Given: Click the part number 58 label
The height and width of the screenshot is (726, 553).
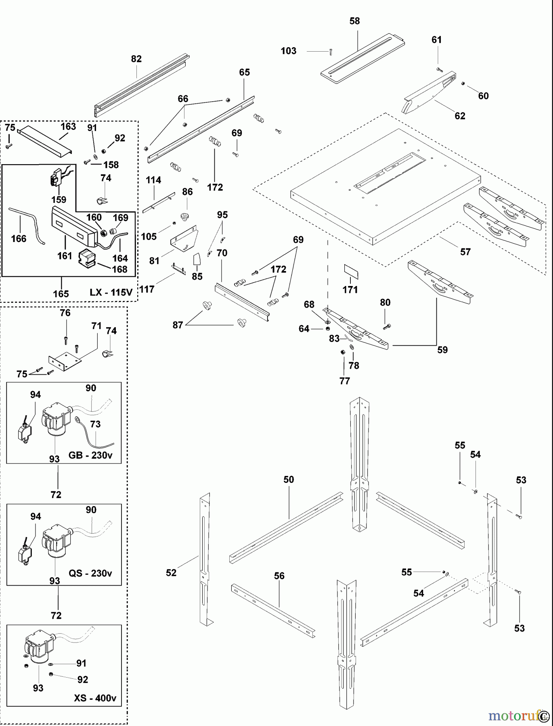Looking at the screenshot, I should pos(354,21).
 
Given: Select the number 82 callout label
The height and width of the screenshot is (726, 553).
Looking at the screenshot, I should pos(136,59).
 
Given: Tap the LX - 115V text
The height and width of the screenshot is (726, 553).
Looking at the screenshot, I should pos(111,292).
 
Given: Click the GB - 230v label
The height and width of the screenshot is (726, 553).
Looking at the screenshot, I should pos(90,455).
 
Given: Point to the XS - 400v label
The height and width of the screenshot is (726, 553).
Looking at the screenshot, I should pos(95,698).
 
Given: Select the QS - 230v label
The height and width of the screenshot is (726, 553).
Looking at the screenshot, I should pos(90,573).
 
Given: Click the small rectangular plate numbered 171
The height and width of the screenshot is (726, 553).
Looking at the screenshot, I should pos(351,272).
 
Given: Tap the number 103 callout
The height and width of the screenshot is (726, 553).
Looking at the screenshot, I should pos(288,51).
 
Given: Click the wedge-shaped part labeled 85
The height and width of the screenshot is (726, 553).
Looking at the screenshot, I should pos(197,259).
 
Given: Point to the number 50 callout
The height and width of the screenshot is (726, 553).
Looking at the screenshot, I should pos(289,480).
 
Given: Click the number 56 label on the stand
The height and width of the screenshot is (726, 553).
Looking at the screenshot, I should pos(279,576).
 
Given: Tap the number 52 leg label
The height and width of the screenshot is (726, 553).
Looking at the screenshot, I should pos(171,573).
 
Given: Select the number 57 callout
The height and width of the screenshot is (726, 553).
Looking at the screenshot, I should pos(465,252).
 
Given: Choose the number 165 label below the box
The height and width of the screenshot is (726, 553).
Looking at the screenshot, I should pos(61,294).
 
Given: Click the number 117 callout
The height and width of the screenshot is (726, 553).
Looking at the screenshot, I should pos(147,289).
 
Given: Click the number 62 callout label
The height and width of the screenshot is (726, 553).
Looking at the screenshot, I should pos(460,116).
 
